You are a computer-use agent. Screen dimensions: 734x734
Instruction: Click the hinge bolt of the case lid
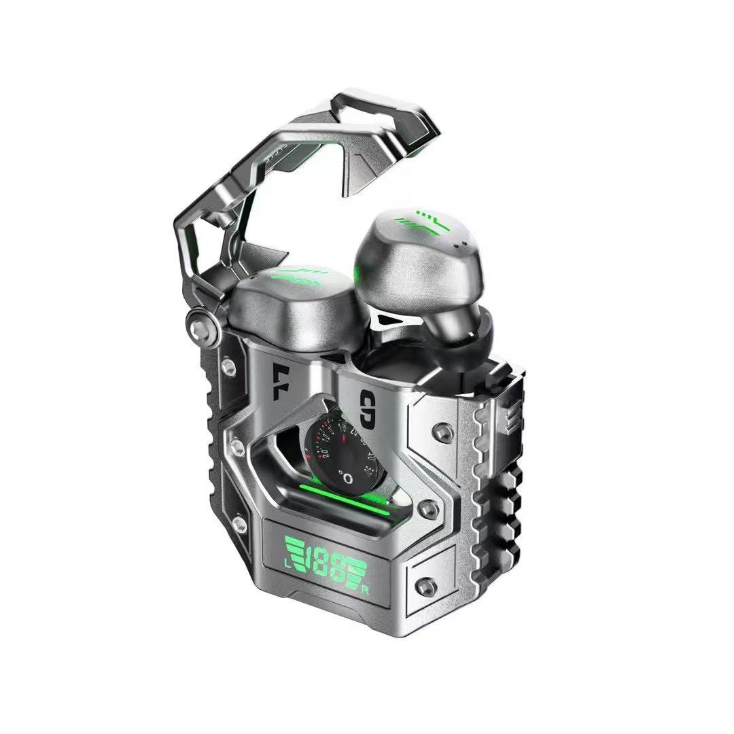click(x=201, y=319)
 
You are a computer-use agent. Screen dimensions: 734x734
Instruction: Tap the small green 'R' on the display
click(x=366, y=589)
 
